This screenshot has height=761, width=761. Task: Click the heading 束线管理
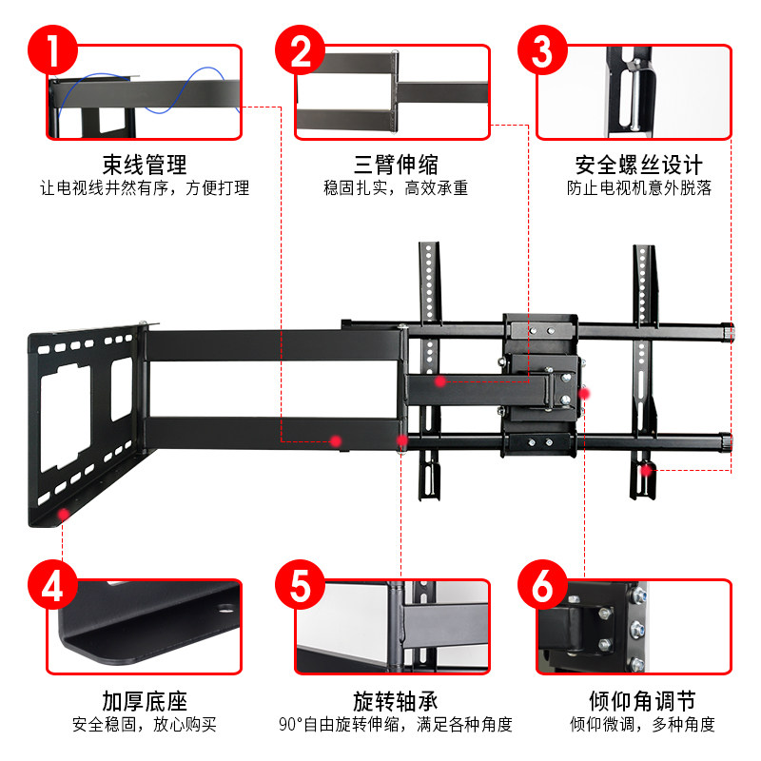(145, 165)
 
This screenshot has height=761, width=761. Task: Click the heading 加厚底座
(145, 702)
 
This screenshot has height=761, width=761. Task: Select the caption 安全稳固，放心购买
(145, 726)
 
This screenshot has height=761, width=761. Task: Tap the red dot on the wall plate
(64, 515)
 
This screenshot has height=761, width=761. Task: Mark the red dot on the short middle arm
(440, 381)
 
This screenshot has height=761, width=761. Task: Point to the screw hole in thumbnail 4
(227, 609)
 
